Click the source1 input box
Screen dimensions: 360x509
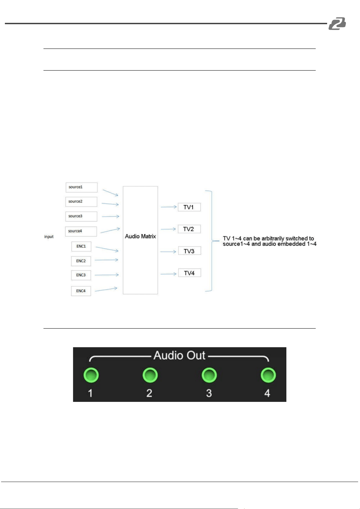pos(82,187)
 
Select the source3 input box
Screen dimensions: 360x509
pos(81,216)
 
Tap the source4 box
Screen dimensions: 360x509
pos(81,231)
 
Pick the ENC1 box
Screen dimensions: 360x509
pos(81,246)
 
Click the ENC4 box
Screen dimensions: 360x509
pos(81,291)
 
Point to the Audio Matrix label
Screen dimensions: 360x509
pos(140,236)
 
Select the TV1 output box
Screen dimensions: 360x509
pos(189,207)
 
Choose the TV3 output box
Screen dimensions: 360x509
pos(190,251)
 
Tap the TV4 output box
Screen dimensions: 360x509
pos(190,273)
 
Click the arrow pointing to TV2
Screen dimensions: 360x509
pos(168,229)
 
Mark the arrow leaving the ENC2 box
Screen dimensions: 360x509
pos(107,260)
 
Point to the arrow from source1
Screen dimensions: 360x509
pos(111,193)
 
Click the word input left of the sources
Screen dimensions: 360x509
pos(49,237)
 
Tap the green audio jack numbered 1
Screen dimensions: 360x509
pos(91,375)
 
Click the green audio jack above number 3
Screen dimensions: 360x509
pos(209,375)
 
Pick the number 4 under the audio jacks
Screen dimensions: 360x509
pos(267,393)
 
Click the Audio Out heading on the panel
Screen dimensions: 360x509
pos(179,355)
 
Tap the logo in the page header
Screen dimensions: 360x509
pos(337,23)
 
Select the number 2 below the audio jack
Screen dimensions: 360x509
pos(149,393)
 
